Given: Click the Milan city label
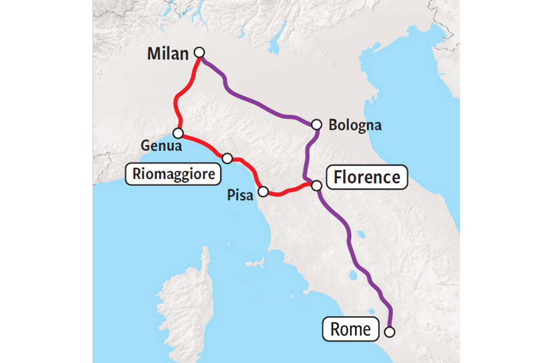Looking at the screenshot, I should pyautogui.click(x=167, y=54).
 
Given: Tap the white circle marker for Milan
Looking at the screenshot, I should pyautogui.click(x=199, y=52).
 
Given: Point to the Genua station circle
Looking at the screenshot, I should pyautogui.click(x=178, y=133).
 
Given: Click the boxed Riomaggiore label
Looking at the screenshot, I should pyautogui.click(x=173, y=174).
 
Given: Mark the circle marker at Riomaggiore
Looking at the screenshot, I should pyautogui.click(x=227, y=158).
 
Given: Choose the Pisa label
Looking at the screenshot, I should pyautogui.click(x=240, y=195).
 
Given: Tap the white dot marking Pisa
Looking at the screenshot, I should pyautogui.click(x=263, y=192).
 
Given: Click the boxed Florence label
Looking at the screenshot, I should pyautogui.click(x=367, y=178).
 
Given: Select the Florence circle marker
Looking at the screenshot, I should pyautogui.click(x=316, y=185).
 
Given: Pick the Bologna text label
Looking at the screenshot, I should pyautogui.click(x=355, y=125).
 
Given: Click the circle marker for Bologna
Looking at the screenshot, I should pyautogui.click(x=316, y=125).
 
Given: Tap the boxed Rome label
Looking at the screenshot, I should pyautogui.click(x=350, y=329).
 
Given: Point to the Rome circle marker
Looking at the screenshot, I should pyautogui.click(x=389, y=332).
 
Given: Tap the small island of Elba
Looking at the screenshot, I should pyautogui.click(x=255, y=264).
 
